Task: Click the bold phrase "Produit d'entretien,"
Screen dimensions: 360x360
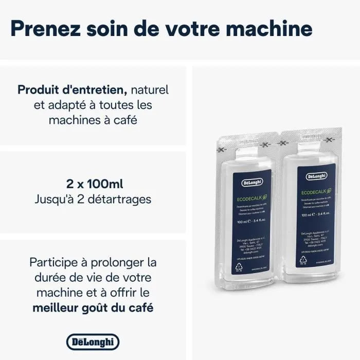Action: pos(73,89)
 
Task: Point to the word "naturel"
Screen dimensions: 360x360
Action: pos(150,89)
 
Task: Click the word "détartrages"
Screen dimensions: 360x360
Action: pos(120,199)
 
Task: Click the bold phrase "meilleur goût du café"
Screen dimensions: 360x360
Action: pos(93,308)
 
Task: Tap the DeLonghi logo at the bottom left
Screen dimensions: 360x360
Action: pos(93,341)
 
